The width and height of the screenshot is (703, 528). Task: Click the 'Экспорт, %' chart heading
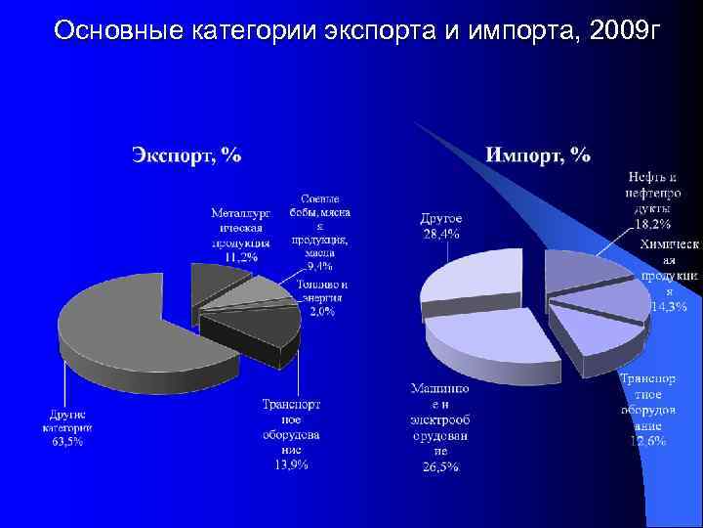186,154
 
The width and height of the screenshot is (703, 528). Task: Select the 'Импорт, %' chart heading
537,154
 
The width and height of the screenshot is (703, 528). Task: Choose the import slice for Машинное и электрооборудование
488,337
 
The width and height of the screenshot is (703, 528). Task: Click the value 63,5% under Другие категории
67,442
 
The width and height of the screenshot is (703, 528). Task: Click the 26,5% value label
439,466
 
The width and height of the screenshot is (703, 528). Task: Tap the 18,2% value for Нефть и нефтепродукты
654,223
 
